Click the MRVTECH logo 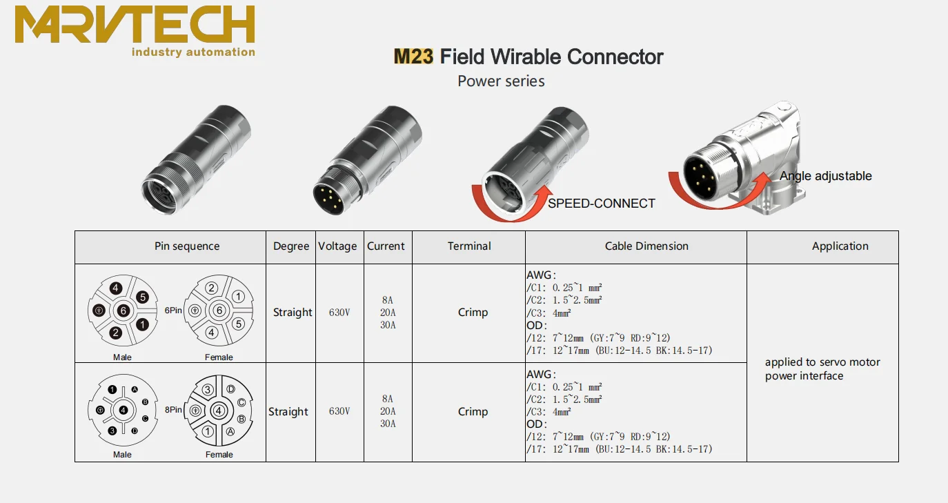135,31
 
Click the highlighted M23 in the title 413,57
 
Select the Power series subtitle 501,81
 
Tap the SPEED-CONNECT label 601,204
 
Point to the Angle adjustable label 825,176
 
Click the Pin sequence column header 187,246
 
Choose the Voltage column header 337,246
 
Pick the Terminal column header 469,246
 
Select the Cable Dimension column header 646,246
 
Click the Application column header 840,246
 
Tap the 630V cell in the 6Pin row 339,313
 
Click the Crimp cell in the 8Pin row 473,411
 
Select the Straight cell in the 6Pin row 293,313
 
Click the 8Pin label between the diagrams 173,410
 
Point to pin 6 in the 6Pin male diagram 123,311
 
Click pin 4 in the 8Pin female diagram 219,411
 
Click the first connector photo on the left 195,162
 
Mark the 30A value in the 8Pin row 387,424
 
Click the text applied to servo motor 822,362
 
